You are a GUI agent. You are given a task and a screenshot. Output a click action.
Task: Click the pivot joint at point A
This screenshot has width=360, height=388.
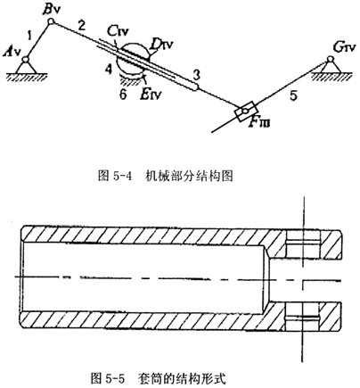click(x=26, y=60)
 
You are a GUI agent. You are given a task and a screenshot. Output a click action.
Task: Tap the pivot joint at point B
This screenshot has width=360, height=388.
click(x=51, y=21)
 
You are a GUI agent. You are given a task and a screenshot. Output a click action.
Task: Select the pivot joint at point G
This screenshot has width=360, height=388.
click(x=330, y=59)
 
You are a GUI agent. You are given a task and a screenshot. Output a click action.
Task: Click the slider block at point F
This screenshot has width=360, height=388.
click(x=245, y=111)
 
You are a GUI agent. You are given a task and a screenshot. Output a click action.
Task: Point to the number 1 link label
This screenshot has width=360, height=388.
click(x=29, y=36)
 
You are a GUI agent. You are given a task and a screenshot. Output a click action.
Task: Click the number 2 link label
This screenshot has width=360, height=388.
click(x=82, y=26)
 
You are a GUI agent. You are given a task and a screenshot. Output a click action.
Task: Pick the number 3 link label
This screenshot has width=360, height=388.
click(x=196, y=75)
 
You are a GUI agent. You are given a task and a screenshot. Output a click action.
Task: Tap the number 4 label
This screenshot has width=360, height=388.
click(x=109, y=70)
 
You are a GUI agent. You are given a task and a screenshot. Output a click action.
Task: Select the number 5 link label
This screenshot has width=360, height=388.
click(x=293, y=96)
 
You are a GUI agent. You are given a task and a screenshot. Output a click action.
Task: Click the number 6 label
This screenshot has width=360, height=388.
click(x=123, y=95)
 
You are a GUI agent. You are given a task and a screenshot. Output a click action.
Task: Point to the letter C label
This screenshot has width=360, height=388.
click(x=112, y=30)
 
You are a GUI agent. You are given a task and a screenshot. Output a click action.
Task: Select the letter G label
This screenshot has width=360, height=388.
click(x=339, y=47)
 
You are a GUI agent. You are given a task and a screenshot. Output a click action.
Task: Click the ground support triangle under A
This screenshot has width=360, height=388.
click(x=26, y=68)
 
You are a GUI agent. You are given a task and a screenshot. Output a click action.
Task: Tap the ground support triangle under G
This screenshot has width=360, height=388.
click(x=330, y=68)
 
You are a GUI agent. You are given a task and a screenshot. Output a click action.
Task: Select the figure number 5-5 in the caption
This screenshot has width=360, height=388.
click(x=114, y=379)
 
